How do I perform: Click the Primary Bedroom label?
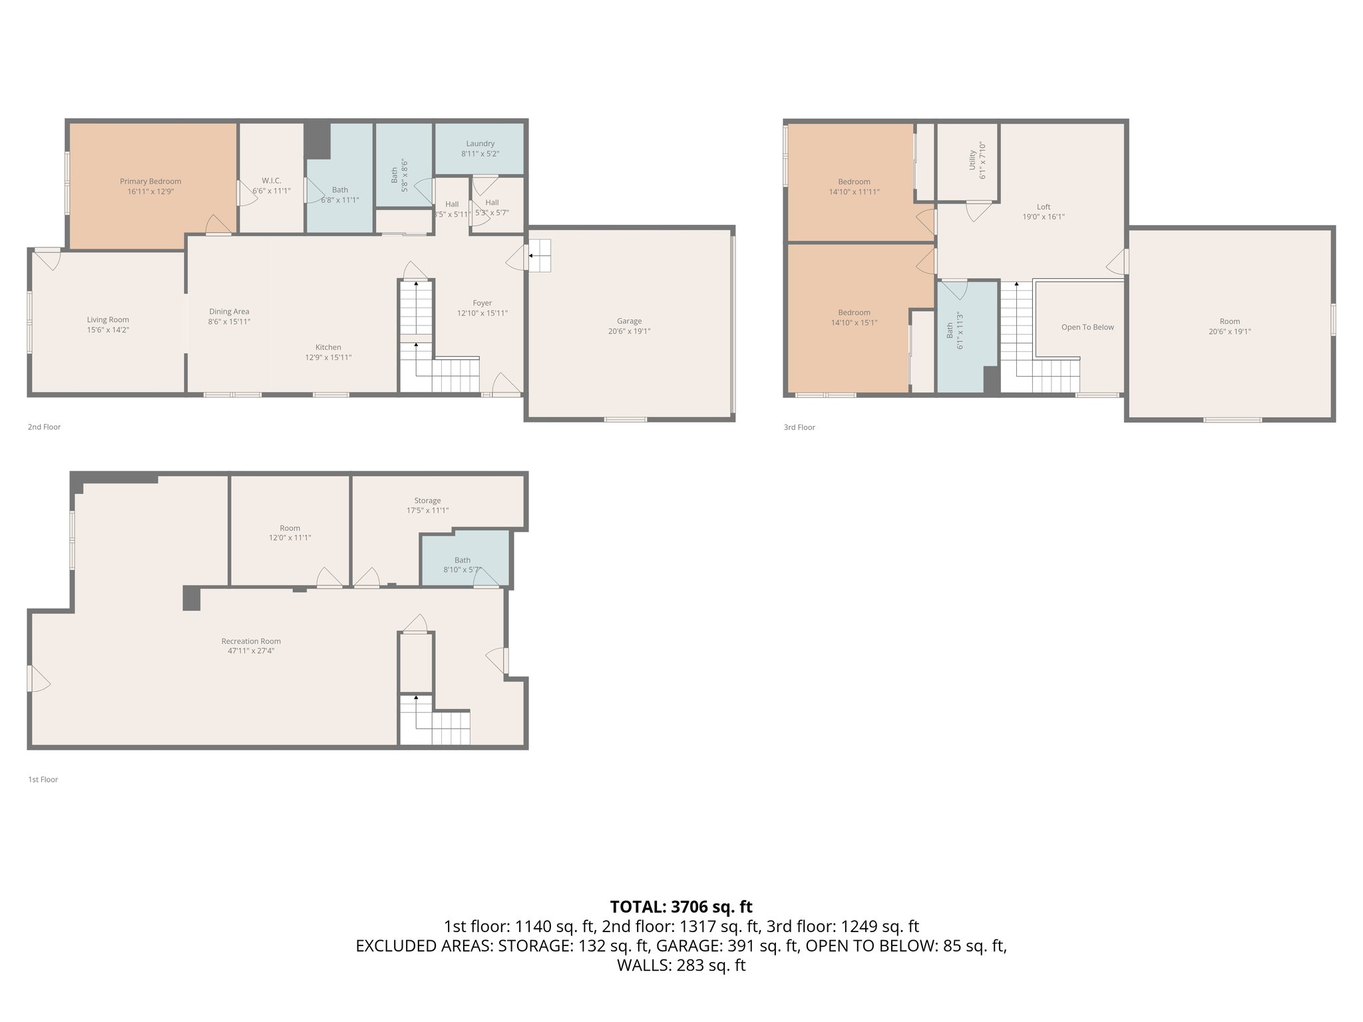pyautogui.click(x=150, y=181)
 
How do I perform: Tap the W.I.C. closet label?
pyautogui.click(x=272, y=180)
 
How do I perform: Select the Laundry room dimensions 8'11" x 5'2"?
pyautogui.click(x=480, y=154)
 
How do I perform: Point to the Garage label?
pyautogui.click(x=629, y=321)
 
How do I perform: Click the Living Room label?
pyautogui.click(x=108, y=319)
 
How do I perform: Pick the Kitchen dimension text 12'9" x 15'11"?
pyautogui.click(x=328, y=357)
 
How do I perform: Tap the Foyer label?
pyautogui.click(x=483, y=303)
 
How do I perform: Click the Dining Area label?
pyautogui.click(x=229, y=311)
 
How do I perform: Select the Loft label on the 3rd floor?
pyautogui.click(x=1044, y=206)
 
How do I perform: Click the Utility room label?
pyautogui.click(x=972, y=160)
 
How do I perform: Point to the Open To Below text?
pyautogui.click(x=1087, y=327)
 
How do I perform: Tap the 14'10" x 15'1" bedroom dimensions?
pyautogui.click(x=854, y=323)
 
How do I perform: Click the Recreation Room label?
pyautogui.click(x=251, y=641)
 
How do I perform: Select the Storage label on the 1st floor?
pyautogui.click(x=427, y=500)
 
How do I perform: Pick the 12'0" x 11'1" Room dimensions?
pyautogui.click(x=290, y=538)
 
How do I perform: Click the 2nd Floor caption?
pyautogui.click(x=44, y=427)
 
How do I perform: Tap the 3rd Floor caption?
pyautogui.click(x=799, y=427)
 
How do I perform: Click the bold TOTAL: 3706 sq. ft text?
pyautogui.click(x=681, y=906)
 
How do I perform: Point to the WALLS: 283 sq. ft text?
pyautogui.click(x=681, y=965)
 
